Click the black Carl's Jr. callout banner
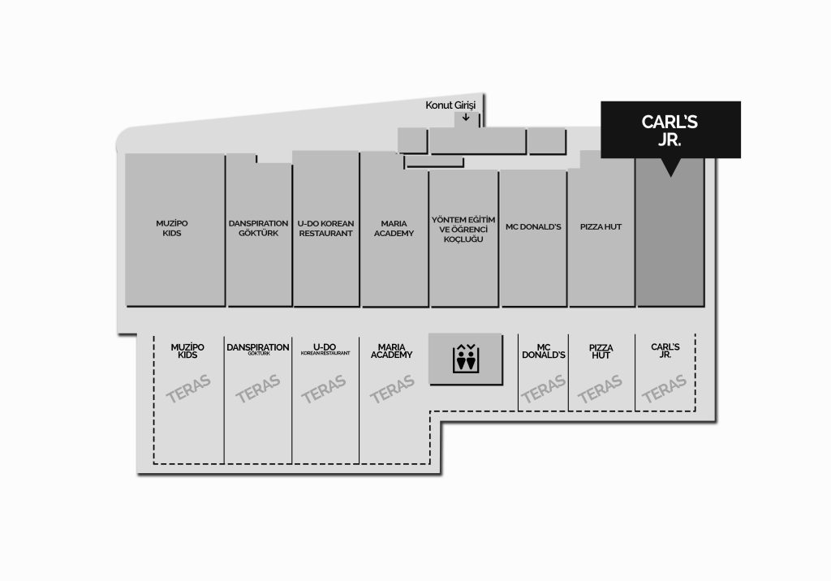[x=670, y=130]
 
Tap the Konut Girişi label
[x=450, y=105]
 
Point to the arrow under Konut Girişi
[x=465, y=117]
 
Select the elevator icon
[x=465, y=359]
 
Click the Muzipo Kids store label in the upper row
[x=172, y=228]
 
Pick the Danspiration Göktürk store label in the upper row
[x=259, y=228]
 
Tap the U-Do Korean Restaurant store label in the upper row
[x=325, y=228]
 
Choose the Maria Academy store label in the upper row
[x=394, y=228]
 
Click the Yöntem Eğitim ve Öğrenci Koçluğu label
[x=463, y=229]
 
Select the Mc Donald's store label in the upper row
[x=533, y=227]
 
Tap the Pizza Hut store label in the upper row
[x=601, y=227]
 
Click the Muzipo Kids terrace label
[x=187, y=351]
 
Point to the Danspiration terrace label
[x=258, y=349]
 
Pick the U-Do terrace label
[x=325, y=349]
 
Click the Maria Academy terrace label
[x=392, y=351]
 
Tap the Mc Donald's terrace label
[x=544, y=351]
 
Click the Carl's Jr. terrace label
[x=665, y=351]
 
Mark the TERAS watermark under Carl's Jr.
[x=664, y=389]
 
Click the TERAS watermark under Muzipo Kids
[x=188, y=389]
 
